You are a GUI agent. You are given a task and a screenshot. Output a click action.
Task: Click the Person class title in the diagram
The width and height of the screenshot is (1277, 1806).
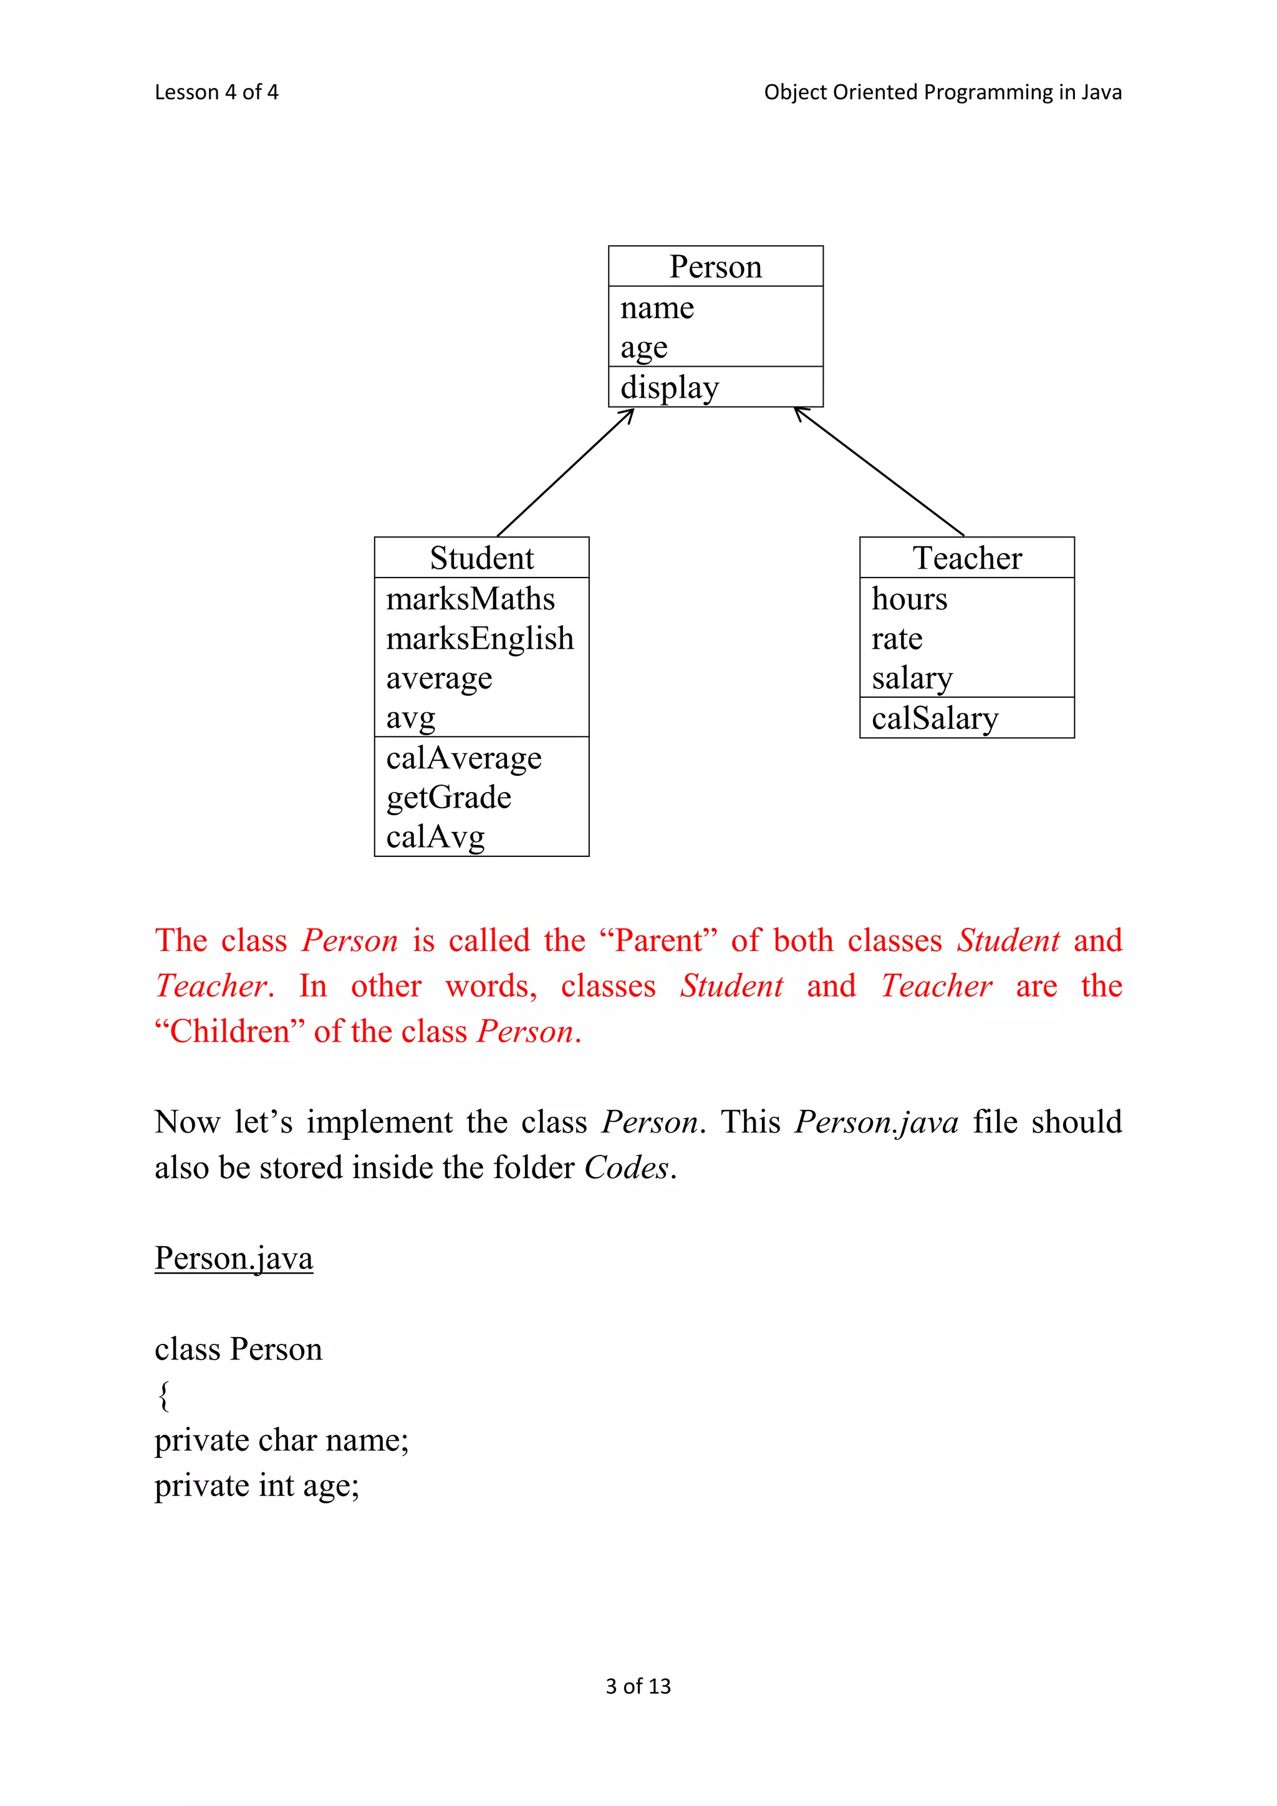click(716, 267)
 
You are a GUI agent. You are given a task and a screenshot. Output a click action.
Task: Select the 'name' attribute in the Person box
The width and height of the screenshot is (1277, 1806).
click(657, 307)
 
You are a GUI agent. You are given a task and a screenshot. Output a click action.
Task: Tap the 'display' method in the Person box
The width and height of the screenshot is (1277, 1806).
click(669, 388)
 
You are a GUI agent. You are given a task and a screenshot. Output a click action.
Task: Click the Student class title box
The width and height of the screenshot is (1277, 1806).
click(481, 558)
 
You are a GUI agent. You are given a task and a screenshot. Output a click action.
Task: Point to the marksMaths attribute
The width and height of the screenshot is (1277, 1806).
click(470, 599)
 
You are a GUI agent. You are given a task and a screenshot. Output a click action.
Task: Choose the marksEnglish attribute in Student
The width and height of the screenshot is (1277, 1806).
click(479, 639)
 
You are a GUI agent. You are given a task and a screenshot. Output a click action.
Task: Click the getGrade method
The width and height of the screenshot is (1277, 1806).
click(448, 798)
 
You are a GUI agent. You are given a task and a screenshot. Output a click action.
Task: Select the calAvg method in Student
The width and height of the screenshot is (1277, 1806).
click(435, 838)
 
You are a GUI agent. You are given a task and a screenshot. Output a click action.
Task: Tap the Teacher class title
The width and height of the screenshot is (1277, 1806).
click(966, 558)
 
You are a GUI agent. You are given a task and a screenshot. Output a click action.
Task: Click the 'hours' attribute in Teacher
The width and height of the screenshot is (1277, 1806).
click(909, 599)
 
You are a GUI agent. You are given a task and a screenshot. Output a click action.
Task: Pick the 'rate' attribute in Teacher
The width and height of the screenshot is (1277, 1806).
click(897, 639)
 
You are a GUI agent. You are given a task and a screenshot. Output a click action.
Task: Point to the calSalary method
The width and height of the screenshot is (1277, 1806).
click(934, 718)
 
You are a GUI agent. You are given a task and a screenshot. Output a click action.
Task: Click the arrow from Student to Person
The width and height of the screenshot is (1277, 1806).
click(564, 473)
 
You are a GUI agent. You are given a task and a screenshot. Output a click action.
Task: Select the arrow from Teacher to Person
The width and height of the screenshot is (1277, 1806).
click(879, 472)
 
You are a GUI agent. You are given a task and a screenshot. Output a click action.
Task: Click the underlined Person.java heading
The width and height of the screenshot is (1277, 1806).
click(234, 1258)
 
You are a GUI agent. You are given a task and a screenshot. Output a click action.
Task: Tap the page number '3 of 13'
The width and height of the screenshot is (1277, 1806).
click(638, 1686)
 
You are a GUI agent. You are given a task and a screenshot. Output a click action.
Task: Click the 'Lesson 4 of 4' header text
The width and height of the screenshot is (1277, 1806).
click(216, 92)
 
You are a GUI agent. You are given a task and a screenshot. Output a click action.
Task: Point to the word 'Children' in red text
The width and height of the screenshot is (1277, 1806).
click(229, 1031)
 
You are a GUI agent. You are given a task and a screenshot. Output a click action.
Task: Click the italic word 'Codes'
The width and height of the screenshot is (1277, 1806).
click(626, 1168)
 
